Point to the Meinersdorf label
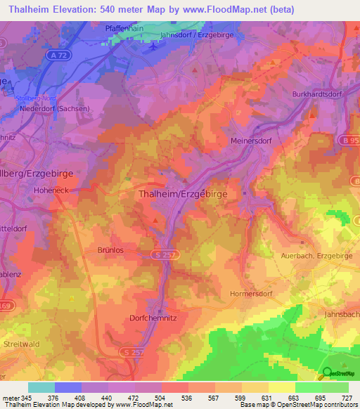[251, 141]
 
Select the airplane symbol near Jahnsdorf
[153, 47]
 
